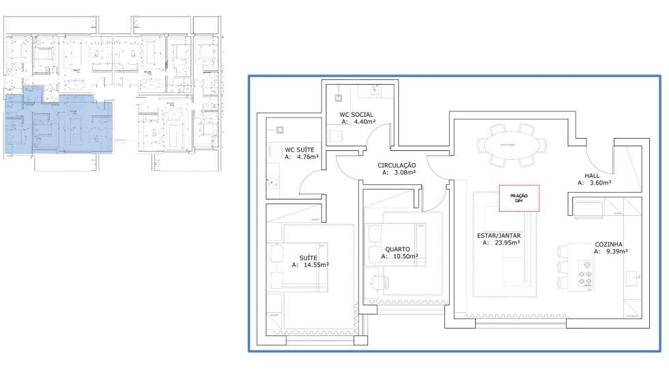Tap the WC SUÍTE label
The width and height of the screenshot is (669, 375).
coord(299,149)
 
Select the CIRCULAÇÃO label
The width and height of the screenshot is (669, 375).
coord(397,165)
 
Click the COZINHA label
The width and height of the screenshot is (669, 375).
coord(612,243)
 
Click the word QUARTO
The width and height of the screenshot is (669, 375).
coord(397,249)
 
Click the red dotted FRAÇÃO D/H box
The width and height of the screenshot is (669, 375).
coord(519,198)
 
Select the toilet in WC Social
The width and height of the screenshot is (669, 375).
coord(335,135)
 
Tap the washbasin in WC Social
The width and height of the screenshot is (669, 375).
coord(374,89)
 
